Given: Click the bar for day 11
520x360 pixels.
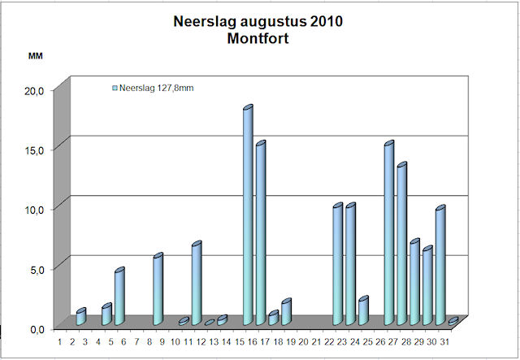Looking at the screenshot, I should coord(196,284).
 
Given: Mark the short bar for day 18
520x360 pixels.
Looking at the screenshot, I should coord(286,312).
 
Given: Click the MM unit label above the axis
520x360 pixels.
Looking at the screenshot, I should coord(35,56).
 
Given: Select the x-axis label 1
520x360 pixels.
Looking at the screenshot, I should coord(59,342).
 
